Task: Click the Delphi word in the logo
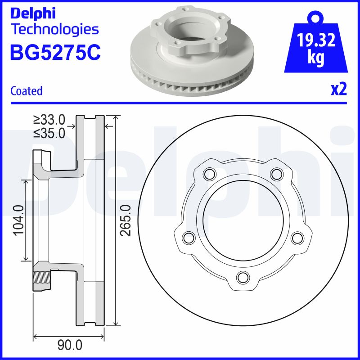pos(33,13)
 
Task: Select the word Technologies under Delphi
pos(55,29)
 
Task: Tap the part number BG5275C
pos(55,52)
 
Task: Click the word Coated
pos(27,91)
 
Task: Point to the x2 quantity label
pos(339,89)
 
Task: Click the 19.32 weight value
pos(316,40)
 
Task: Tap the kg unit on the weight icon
pos(316,58)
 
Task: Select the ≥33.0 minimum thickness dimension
pos(49,120)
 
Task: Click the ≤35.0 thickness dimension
pos(49,133)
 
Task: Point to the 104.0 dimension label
pos(18,220)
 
